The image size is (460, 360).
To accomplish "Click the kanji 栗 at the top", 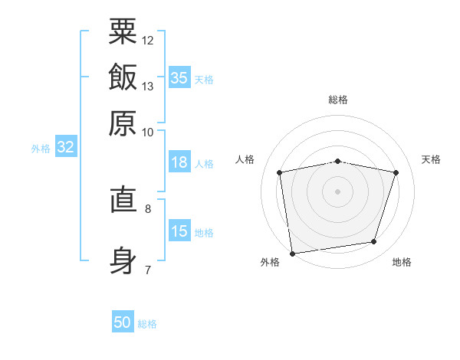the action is tap(123, 31).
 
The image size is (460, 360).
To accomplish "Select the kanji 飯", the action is tap(123, 77).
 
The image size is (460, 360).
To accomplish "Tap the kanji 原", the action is tap(123, 123).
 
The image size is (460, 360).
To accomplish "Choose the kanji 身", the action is tap(123, 260).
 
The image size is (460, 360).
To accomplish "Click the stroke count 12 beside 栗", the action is tap(147, 41).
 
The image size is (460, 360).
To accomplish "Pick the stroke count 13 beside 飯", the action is tap(147, 87).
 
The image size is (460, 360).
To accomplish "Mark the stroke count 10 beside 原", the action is tap(147, 133).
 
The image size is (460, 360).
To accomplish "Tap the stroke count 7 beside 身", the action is tap(148, 270).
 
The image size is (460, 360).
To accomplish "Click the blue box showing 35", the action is tap(179, 77).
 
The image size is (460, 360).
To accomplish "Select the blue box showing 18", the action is tap(179, 162).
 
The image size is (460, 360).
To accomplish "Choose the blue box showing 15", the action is tap(179, 230).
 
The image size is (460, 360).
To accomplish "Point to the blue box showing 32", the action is tap(66, 146).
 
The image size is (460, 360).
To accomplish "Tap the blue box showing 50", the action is tap(123, 321).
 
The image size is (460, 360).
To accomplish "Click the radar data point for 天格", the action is tap(396, 172).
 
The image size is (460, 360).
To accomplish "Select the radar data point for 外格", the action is tap(292, 254).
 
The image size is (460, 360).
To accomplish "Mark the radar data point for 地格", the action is tap(374, 241).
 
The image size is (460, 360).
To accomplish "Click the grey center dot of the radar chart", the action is tap(337, 191).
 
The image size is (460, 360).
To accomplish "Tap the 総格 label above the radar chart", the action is tap(338, 100).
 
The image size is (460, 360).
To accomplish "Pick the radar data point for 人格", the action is tap(279, 172).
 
